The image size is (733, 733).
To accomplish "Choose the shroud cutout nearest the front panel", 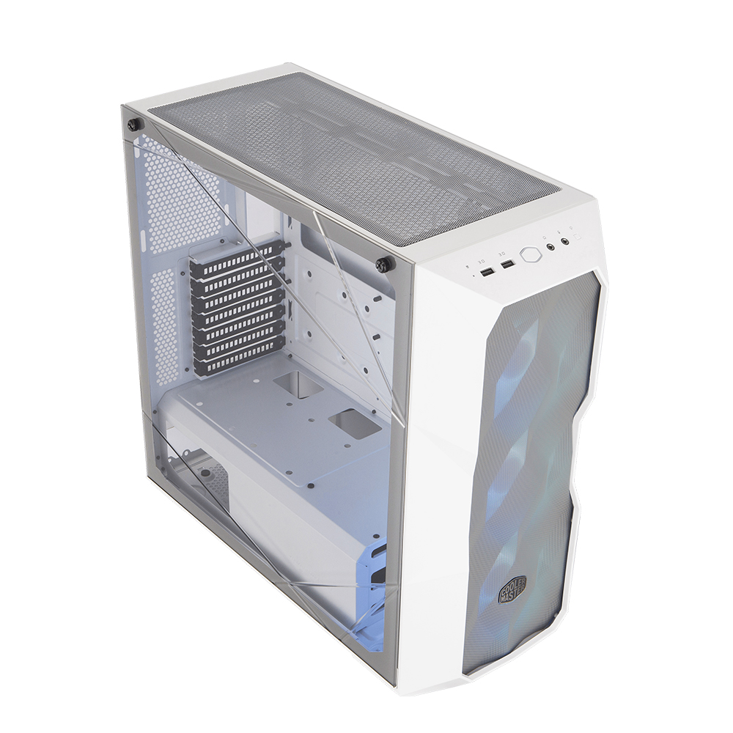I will point(356,424).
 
